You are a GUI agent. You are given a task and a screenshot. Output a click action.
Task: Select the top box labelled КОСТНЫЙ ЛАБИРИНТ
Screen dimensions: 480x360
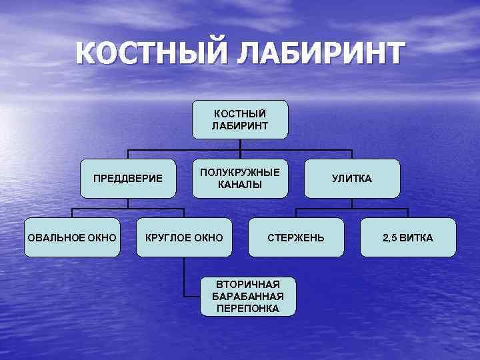pos(240,119)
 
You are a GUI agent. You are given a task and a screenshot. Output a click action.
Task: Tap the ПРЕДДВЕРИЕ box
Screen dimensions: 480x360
pos(128,179)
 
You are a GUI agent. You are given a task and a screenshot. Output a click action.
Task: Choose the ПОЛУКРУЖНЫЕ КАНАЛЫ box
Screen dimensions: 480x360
pos(240,178)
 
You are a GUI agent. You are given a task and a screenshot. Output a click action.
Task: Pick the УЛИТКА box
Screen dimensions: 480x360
pos(352,179)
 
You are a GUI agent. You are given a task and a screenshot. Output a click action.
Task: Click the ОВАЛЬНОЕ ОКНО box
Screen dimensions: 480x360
pos(72,237)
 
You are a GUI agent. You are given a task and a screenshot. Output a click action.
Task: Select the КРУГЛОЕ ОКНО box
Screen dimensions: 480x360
pos(184,237)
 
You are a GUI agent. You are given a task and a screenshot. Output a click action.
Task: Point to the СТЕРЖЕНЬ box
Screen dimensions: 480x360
pos(296,237)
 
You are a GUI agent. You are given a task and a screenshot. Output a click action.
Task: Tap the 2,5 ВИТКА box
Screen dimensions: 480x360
pos(408,237)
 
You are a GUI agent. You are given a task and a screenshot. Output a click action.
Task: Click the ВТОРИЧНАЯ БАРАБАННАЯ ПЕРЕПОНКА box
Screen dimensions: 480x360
pos(248,296)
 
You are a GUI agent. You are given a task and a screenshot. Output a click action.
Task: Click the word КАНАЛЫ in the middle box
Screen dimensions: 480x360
pos(240,185)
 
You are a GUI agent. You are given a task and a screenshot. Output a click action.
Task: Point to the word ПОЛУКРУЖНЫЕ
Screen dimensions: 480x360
pos(240,172)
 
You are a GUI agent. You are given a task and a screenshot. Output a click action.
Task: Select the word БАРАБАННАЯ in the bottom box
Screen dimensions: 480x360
pos(248,296)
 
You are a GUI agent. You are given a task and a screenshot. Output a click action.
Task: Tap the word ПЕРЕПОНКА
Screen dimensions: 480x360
pos(248,308)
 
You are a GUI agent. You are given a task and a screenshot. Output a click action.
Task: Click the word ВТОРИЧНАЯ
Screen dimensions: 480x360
pos(248,284)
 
